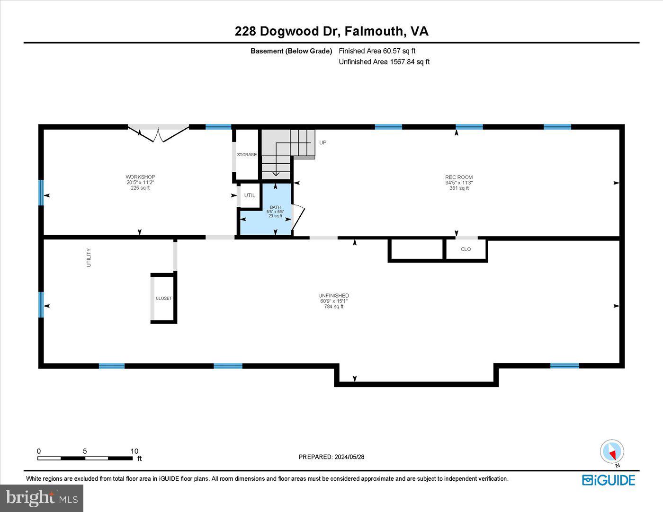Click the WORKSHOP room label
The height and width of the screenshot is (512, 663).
coord(140,177)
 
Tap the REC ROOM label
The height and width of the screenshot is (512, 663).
coord(459,177)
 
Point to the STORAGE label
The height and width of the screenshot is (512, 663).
coord(247,155)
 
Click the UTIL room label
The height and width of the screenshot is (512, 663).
coord(250,195)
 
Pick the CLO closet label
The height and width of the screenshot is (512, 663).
coord(466,249)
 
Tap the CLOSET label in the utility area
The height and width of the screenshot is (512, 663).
coord(164,299)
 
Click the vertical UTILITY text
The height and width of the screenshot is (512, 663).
coord(89,258)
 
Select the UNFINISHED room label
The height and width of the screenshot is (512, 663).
coord(333,296)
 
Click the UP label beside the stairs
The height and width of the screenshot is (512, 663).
coord(323,142)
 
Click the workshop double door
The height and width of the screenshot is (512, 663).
coord(158,133)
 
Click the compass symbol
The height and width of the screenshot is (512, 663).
coord(612,452)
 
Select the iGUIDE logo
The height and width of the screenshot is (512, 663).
coord(609,480)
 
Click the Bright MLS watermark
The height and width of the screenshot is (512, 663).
coord(42,498)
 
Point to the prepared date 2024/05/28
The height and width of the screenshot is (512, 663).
coord(349,457)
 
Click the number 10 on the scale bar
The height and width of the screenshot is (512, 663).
coord(134,451)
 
